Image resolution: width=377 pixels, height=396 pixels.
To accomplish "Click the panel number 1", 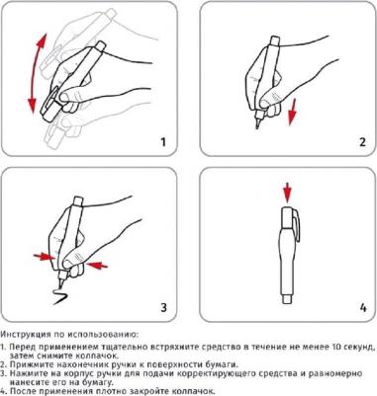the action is pos(162,142).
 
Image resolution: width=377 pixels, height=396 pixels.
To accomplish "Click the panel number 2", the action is pos(362,142).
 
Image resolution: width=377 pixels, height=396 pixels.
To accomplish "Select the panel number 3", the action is pos(163,307).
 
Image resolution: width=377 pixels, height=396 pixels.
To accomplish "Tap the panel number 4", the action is pos(363,308).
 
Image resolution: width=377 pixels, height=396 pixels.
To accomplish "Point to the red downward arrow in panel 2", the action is pos(292,113).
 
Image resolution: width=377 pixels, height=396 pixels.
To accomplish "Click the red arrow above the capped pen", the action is pos(288,194).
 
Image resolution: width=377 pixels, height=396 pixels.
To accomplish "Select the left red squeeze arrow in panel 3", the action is pos(44,257).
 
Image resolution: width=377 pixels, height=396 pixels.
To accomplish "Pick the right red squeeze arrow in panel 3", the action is pos(97,265).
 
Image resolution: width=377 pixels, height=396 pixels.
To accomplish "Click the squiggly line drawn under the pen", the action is pos(60,296).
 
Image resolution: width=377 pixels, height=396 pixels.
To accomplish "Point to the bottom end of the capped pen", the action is pos(287,299).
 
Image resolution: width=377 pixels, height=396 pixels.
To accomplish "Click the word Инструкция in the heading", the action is pos(22,335).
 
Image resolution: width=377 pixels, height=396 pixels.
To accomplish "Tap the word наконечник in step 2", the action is pos(65,364).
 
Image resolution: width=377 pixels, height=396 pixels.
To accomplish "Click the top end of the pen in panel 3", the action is pos(78,200).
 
